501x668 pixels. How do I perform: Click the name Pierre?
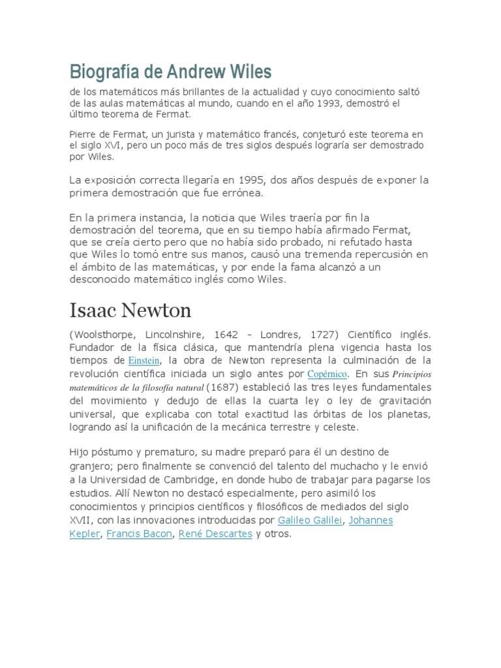[83, 134]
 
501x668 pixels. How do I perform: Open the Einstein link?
[144, 361]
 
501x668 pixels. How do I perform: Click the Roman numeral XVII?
[82, 520]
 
